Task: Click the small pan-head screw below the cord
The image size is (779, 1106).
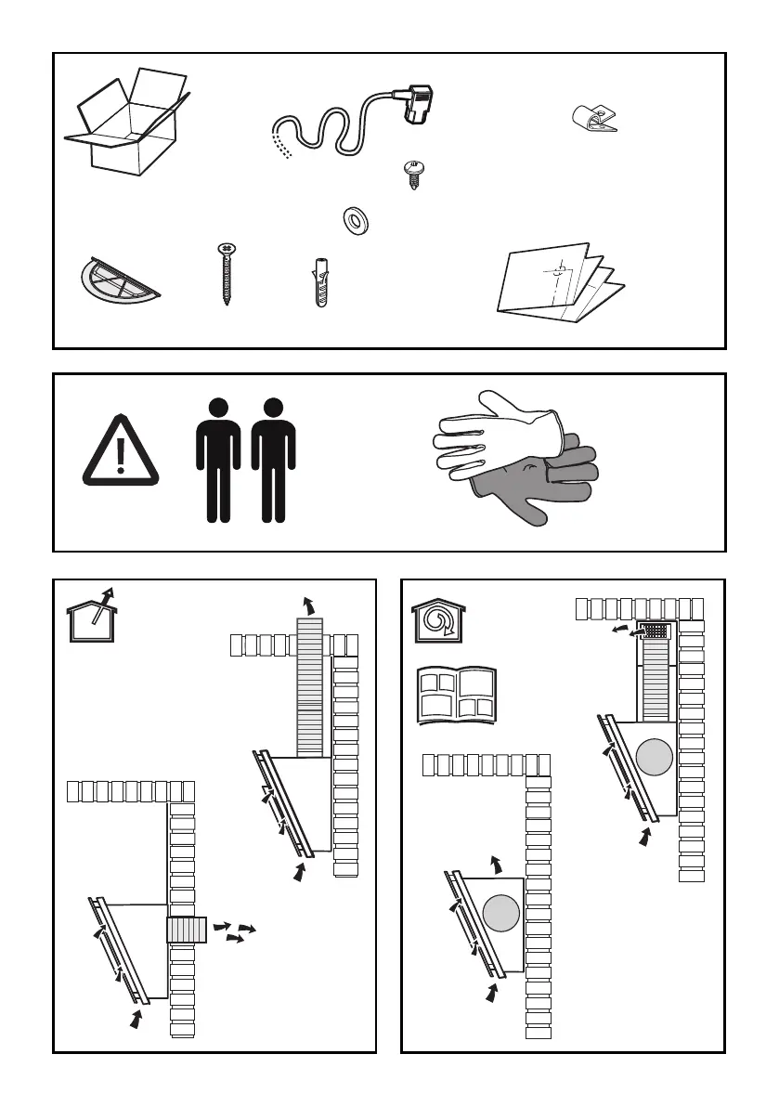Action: point(410,174)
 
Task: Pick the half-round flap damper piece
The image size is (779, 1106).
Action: point(115,279)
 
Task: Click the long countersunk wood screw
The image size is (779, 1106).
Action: point(226,273)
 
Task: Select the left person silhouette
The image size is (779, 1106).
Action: point(218,460)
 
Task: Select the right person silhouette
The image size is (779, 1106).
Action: point(273,460)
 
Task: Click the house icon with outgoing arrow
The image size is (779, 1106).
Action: point(92,617)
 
